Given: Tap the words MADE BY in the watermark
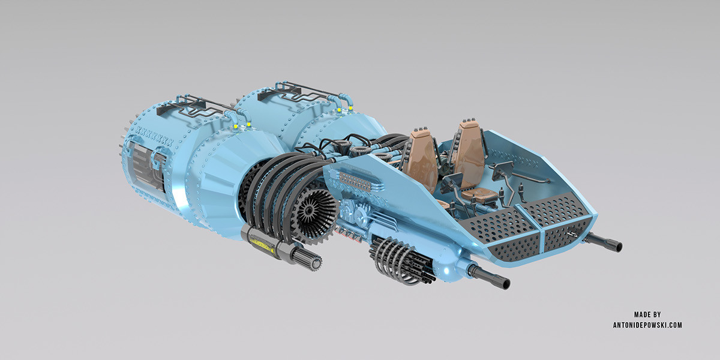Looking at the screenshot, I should [647, 314].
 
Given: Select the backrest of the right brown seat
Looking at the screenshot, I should [469, 147].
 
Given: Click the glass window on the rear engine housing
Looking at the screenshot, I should [144, 168].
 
